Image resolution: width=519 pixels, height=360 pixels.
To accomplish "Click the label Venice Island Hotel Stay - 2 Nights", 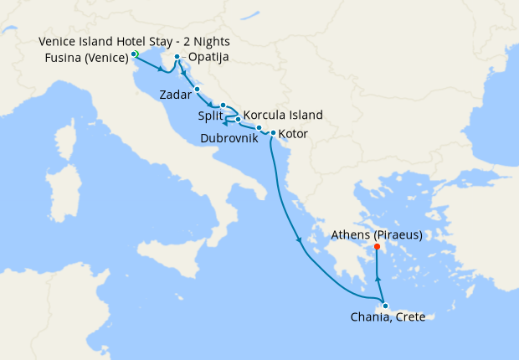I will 134,41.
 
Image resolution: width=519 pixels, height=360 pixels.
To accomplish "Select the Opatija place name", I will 208,57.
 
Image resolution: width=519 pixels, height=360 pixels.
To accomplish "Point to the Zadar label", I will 175,95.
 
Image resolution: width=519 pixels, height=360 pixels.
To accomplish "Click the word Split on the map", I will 210,116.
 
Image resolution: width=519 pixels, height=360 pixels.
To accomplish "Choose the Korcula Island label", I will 282,116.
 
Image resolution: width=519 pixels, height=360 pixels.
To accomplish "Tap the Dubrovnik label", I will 229,138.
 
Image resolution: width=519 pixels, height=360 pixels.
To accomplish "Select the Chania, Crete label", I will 390,316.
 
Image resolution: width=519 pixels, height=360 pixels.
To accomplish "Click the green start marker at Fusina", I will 134,54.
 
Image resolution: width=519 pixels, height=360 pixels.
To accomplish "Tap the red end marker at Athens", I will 378,247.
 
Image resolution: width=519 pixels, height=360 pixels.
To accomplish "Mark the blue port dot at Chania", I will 384,306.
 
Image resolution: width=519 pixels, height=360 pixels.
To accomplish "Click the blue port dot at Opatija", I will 177,57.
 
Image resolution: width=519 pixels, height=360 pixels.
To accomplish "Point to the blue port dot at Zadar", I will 197,89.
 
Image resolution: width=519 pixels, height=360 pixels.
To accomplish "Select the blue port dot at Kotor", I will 273,133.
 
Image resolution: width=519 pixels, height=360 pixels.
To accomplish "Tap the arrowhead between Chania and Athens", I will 378,280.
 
